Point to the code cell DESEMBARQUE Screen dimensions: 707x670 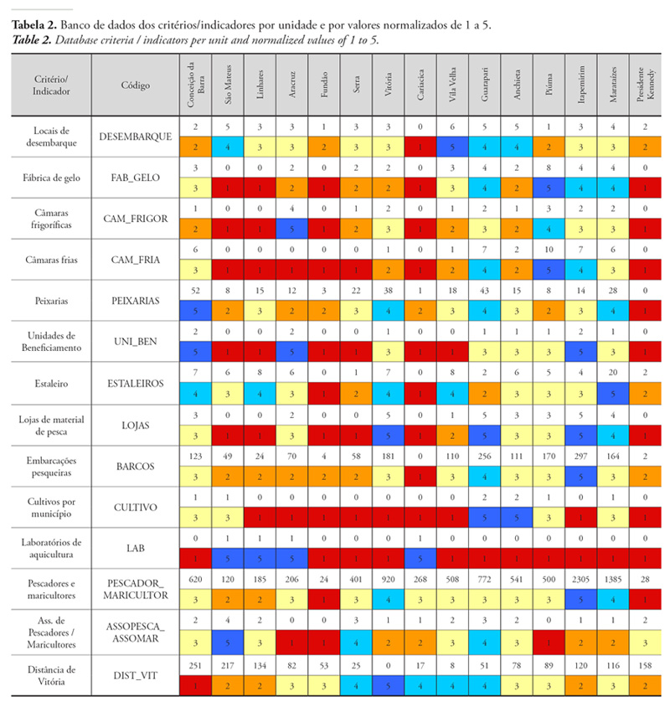(135, 137)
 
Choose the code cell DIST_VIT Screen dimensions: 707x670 (135, 677)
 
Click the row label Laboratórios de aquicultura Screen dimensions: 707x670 (53, 548)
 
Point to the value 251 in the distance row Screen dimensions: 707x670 (194, 663)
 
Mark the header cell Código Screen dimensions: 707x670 (135, 85)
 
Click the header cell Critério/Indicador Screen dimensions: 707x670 (53, 85)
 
